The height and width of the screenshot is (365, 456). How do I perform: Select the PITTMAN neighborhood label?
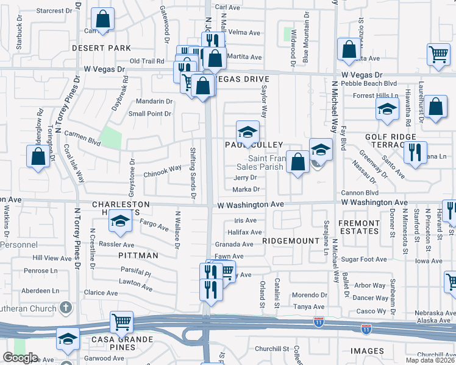138,255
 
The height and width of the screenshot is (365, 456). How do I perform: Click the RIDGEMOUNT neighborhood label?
291,241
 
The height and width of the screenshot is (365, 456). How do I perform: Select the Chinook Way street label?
163,169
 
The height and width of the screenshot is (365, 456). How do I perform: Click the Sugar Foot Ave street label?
365,259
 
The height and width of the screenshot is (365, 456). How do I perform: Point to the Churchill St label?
271,349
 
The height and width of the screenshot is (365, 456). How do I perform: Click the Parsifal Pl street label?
135,274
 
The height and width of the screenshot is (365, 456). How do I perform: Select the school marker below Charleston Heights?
120,223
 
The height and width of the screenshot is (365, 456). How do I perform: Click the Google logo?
21,358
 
